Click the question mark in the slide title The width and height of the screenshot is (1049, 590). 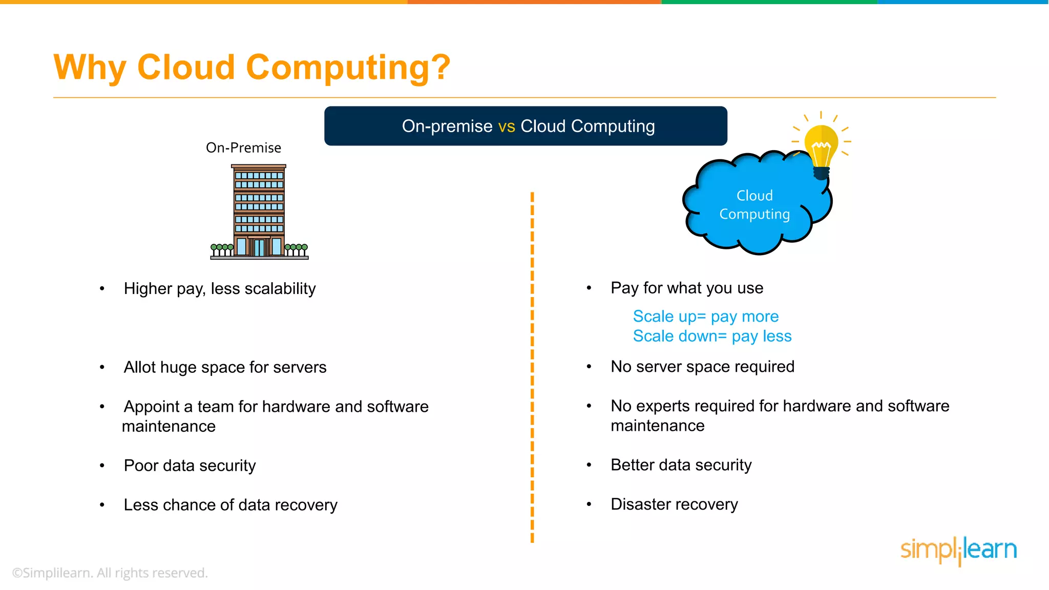(439, 67)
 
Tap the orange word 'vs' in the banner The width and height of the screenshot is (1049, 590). (507, 126)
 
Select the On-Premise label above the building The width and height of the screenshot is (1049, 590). (243, 148)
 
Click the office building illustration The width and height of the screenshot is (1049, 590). (259, 212)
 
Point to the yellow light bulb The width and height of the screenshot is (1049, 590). (821, 147)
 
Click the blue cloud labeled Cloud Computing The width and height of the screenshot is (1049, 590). (754, 205)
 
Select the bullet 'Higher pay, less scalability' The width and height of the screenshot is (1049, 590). (220, 289)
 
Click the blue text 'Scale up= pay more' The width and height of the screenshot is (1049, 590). (705, 317)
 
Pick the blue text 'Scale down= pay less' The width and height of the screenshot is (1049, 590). (712, 336)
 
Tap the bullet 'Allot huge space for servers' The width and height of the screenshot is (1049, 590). (225, 368)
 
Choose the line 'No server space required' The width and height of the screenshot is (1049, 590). (702, 367)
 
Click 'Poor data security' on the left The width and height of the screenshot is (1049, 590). (190, 466)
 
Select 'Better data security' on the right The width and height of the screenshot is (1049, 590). (681, 465)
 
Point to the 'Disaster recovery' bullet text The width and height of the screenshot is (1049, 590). (674, 504)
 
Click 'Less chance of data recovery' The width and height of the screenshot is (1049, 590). (230, 505)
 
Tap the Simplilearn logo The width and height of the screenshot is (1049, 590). (958, 550)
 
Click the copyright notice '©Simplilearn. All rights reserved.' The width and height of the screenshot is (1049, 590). (110, 573)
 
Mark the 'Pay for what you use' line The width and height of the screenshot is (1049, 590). (687, 288)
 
